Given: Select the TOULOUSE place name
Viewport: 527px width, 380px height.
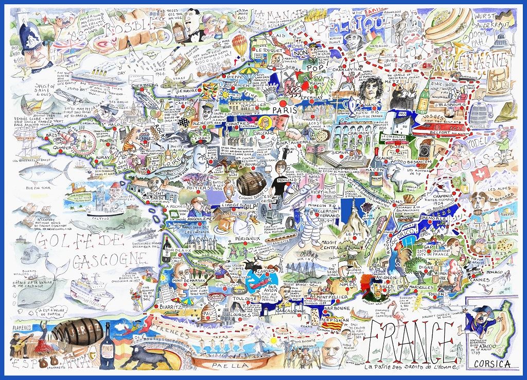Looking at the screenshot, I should tap(247, 299).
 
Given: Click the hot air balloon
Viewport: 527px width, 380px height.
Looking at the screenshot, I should tap(239, 45).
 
